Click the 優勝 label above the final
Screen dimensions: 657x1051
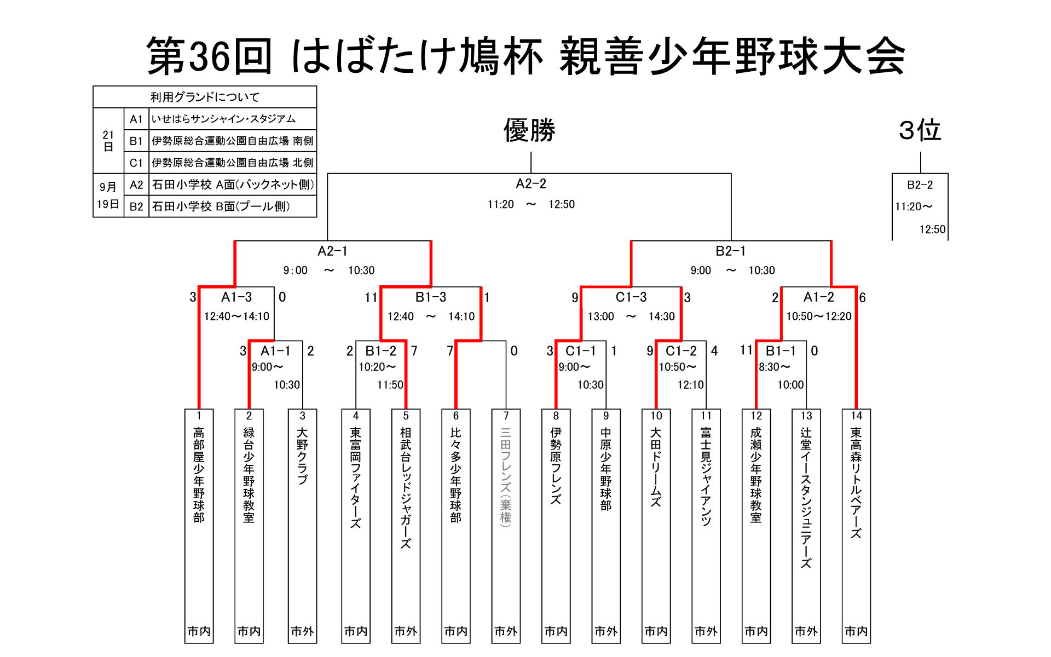(x=529, y=131)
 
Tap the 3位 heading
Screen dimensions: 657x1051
(x=920, y=131)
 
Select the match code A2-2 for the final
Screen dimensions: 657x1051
(x=530, y=184)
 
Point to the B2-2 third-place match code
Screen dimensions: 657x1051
(x=920, y=185)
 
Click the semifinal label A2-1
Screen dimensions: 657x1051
(x=332, y=251)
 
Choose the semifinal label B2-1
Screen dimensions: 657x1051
(x=730, y=251)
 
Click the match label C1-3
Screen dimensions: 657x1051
(x=631, y=297)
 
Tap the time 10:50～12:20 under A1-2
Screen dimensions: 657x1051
(x=819, y=316)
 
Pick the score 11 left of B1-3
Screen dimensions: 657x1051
(x=371, y=298)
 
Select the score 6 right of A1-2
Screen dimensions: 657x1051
(x=863, y=298)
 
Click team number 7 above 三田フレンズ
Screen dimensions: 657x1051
(x=506, y=416)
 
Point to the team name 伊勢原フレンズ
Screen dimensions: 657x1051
(x=556, y=465)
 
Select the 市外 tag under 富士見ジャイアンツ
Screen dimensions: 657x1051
(x=706, y=631)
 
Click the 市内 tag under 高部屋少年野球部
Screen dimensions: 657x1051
(x=199, y=631)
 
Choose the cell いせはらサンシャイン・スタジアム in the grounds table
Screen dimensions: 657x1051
(x=223, y=119)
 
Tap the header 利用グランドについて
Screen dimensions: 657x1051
(x=205, y=97)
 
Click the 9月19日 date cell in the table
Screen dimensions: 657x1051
(x=108, y=195)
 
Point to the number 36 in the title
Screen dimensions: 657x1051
(x=209, y=56)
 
